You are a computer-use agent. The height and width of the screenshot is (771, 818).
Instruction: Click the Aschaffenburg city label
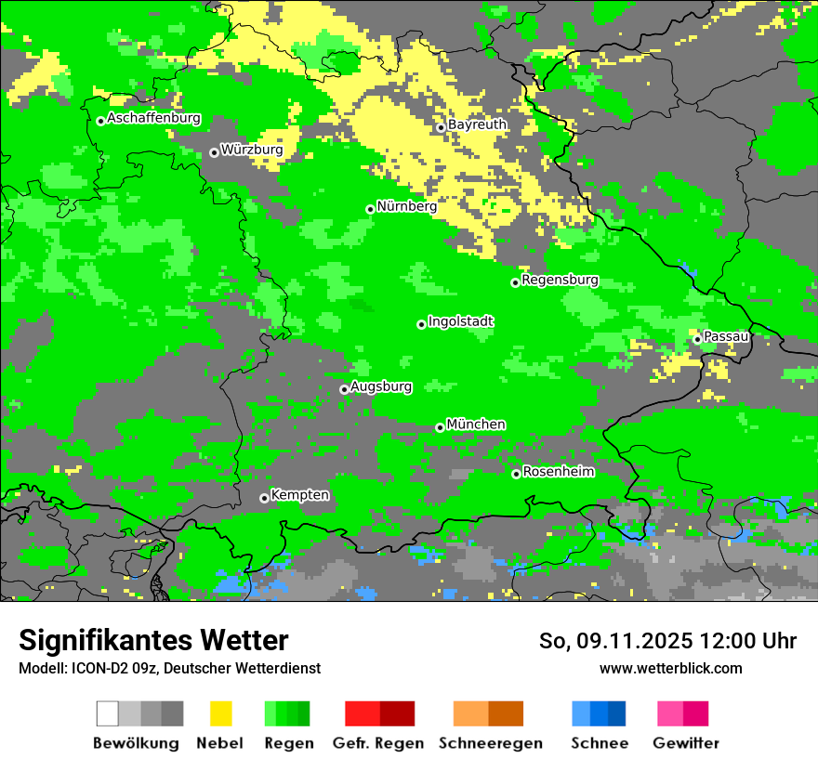coord(153,119)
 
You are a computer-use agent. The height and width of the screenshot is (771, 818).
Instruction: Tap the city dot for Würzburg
coord(214,152)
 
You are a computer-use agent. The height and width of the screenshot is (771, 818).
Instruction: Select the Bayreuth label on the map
coord(477,124)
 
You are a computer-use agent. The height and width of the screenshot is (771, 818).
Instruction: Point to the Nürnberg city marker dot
coord(370,209)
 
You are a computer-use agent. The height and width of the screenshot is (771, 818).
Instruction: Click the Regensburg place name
coord(560,280)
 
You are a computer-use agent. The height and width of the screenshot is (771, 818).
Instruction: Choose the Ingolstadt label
coord(460,321)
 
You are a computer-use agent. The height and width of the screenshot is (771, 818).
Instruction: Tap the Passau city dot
coord(697,339)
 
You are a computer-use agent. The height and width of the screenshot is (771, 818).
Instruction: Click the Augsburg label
coord(380,386)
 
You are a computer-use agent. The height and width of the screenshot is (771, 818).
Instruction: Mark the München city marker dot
coord(440,427)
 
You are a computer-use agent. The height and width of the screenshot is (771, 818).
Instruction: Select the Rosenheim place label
coord(558,472)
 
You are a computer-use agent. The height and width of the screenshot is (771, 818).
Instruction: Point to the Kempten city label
coord(299,495)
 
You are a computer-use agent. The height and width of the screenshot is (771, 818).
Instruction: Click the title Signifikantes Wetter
coord(153,640)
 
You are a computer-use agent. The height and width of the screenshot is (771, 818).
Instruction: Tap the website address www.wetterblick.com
coord(670,668)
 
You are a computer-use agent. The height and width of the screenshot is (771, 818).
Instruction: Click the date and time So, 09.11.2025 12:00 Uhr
coord(667,641)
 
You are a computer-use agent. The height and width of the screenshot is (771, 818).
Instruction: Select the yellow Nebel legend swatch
coord(220,713)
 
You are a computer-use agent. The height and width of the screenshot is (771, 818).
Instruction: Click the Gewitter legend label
coord(685,743)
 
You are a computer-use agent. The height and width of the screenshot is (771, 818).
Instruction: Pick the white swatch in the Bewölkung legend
coord(108,713)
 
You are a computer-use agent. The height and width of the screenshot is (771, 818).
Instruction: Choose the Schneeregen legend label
coord(490,743)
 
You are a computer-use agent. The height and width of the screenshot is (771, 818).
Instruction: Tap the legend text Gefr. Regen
coord(377,743)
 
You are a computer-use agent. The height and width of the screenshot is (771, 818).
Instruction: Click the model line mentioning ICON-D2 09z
coord(169,668)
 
